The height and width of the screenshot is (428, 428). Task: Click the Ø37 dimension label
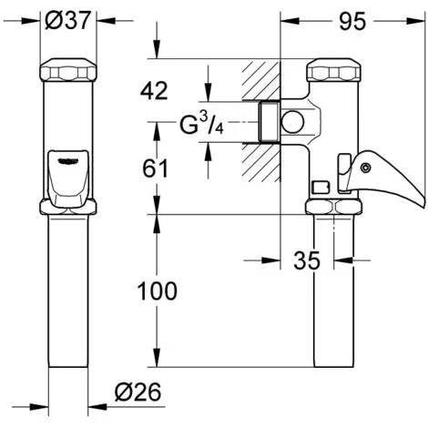67,20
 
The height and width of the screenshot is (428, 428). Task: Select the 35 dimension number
308,261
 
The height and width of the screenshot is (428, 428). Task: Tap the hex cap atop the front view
68,71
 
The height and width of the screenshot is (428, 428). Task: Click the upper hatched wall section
260,82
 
